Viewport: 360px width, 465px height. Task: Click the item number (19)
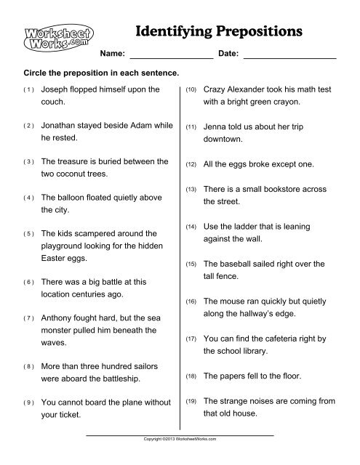[191, 401]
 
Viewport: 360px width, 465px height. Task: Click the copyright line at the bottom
[180, 440]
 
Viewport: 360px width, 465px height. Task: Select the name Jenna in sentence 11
[216, 125]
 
